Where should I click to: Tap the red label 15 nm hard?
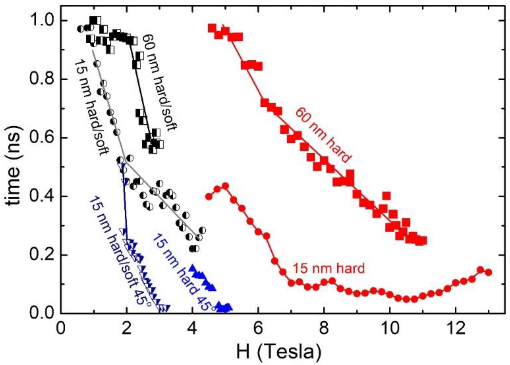coord(328,268)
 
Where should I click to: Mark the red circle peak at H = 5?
coord(225,186)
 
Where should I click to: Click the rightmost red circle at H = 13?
coord(488,272)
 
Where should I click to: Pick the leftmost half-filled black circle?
coord(81,29)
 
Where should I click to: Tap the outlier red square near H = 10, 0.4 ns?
coord(386,196)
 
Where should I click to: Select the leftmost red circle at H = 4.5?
coord(209,196)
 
